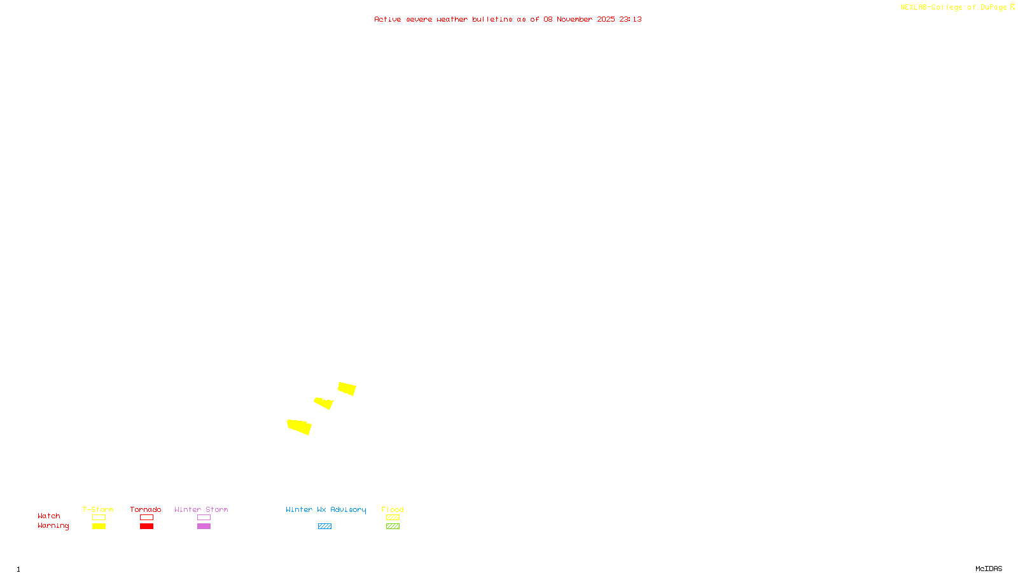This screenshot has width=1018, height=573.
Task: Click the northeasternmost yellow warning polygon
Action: (x=347, y=388)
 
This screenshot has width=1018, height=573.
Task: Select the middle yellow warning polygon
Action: (x=324, y=402)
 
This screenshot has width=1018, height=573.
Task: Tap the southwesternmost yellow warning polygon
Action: (x=299, y=427)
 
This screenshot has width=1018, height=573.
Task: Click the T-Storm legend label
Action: (x=98, y=509)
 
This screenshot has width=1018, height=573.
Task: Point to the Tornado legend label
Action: (x=146, y=509)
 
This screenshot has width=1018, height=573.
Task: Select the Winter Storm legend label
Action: (x=201, y=509)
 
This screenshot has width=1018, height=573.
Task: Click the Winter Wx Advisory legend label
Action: (x=326, y=509)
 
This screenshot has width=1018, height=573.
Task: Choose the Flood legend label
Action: (x=393, y=509)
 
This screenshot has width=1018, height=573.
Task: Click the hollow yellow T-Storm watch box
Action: (x=99, y=518)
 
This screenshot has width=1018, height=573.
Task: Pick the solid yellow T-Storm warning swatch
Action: (x=99, y=527)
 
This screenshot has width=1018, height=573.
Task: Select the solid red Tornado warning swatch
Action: (x=146, y=527)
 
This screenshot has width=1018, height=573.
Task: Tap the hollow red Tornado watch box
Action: (x=146, y=518)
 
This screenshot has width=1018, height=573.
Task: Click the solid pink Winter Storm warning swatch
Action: (x=204, y=527)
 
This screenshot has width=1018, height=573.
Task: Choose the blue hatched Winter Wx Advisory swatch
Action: (x=324, y=527)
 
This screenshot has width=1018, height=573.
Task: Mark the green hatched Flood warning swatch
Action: (x=393, y=527)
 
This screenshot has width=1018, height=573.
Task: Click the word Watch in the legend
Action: (x=49, y=516)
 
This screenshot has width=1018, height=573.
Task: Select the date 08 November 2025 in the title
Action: (x=579, y=19)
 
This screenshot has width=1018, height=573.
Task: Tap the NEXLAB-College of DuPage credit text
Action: (x=954, y=7)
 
